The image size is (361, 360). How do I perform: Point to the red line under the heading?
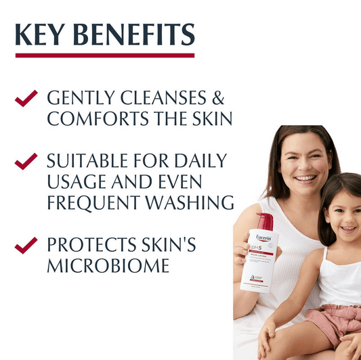[x=104, y=55]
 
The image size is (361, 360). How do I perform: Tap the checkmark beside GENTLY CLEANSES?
[x=26, y=98]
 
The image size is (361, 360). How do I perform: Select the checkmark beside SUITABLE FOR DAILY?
[x=26, y=161]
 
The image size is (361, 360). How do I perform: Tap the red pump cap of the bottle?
[x=265, y=221]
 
